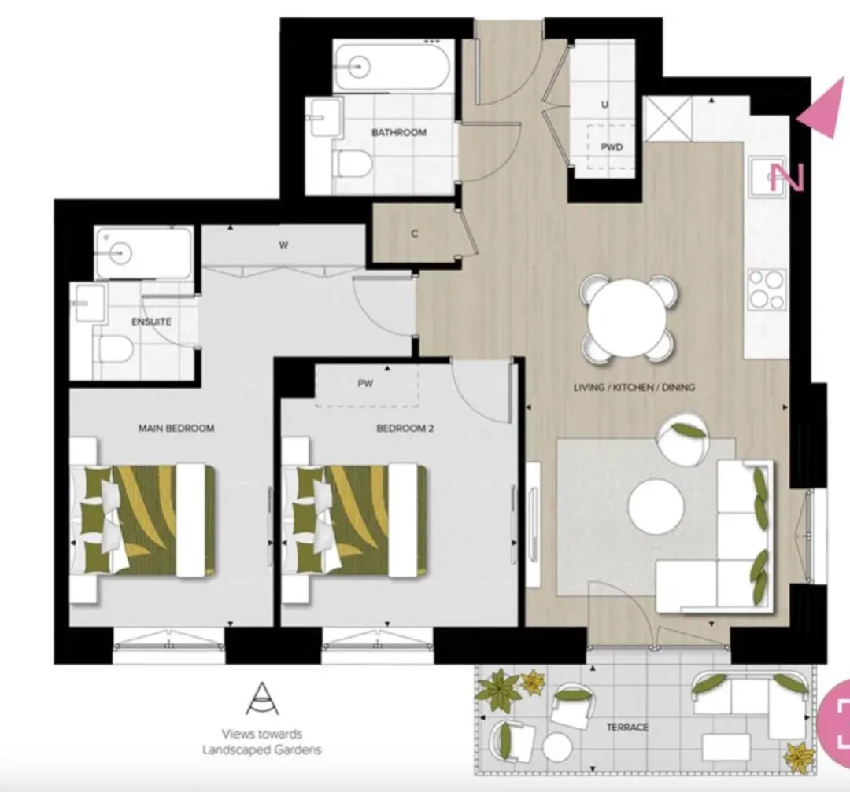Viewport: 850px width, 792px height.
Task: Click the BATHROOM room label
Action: click(399, 132)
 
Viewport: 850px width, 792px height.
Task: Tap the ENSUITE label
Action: click(152, 321)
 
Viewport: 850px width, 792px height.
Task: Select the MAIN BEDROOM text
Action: click(176, 428)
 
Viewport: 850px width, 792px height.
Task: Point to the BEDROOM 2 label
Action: click(405, 429)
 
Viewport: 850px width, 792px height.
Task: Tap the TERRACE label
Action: click(627, 727)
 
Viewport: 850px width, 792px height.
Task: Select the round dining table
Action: click(627, 318)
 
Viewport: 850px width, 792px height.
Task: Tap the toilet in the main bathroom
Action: click(353, 163)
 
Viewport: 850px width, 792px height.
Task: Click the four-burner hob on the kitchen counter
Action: click(767, 289)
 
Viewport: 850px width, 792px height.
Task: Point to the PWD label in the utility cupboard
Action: click(612, 147)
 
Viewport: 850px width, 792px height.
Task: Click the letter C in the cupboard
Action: click(415, 234)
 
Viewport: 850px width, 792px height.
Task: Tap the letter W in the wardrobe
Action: click(283, 245)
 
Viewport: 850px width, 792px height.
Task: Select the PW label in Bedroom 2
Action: click(365, 384)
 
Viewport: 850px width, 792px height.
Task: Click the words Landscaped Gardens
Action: click(262, 750)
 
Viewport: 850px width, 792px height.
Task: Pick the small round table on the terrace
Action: click(557, 748)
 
